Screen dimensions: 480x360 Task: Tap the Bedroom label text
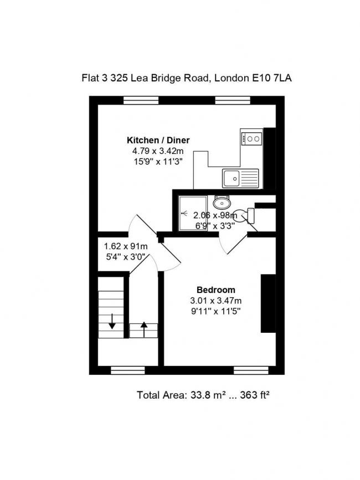click(x=216, y=290)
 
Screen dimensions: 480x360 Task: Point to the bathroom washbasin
click(x=222, y=201)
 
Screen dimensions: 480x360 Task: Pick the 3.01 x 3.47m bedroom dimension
click(x=216, y=301)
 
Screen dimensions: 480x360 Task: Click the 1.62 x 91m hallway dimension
click(x=126, y=246)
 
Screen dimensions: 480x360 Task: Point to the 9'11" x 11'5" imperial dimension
click(x=216, y=311)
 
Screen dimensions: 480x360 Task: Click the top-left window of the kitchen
click(x=141, y=100)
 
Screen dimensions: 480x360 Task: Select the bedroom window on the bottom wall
click(x=249, y=370)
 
